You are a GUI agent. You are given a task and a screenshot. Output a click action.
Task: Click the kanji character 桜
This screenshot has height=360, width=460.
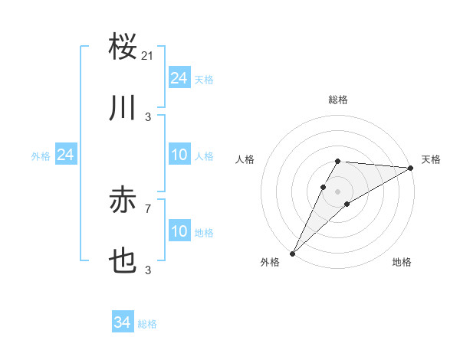[x=123, y=47]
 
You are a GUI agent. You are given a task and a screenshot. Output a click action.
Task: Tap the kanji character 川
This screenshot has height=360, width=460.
[x=123, y=108]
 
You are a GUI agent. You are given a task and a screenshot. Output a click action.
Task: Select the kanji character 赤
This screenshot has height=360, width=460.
[x=123, y=201]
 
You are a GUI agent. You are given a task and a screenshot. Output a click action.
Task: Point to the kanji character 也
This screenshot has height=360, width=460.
[x=123, y=262]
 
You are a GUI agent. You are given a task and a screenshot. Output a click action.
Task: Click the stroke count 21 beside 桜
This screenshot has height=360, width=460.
[x=148, y=55]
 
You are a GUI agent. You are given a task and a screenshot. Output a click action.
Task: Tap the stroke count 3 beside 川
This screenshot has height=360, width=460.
[x=147, y=116]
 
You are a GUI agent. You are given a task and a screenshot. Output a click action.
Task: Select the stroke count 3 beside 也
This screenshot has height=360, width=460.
[x=147, y=270]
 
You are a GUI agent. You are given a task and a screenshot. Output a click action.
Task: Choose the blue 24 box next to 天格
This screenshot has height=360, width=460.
[x=179, y=78]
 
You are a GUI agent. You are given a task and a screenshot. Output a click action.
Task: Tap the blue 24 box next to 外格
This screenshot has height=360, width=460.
[x=65, y=155]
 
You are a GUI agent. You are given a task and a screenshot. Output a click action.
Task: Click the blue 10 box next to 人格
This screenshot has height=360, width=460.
[x=179, y=155]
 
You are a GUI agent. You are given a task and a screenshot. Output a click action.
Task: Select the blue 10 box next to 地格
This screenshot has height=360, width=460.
[x=179, y=232]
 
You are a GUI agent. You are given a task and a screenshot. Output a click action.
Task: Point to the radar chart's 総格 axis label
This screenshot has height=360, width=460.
[x=338, y=100]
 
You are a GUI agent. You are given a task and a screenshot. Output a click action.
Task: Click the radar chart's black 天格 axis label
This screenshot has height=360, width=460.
[x=431, y=159]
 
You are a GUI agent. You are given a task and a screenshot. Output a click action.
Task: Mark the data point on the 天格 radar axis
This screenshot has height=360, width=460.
[x=411, y=168]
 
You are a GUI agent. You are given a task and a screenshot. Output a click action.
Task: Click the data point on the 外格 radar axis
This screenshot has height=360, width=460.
[x=292, y=254]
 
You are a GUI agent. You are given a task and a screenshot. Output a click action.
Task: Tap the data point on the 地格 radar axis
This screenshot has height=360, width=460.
[x=347, y=204]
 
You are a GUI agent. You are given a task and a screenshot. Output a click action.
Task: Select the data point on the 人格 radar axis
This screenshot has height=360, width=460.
[x=324, y=187]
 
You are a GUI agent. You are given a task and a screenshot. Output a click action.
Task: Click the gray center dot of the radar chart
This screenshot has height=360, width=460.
[x=338, y=191]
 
